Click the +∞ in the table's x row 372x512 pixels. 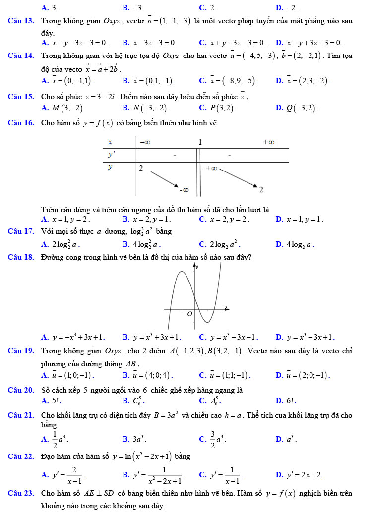pos(268,142)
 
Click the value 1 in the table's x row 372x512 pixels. pos(200,142)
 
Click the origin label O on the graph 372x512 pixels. pos(189,314)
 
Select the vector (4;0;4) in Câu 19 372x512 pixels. pos(151,375)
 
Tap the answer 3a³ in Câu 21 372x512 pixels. pos(139,439)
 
